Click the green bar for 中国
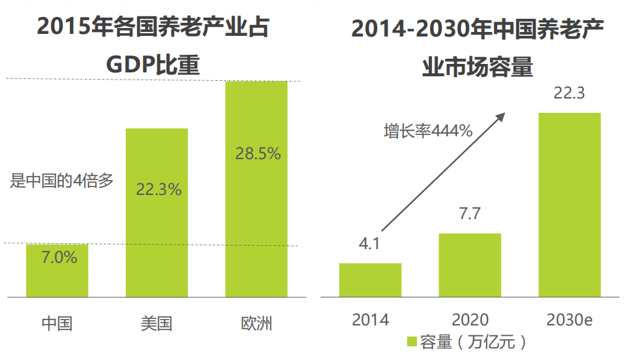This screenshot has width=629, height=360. [57, 271]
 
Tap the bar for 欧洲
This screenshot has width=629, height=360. [256, 189]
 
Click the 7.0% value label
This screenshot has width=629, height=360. [59, 257]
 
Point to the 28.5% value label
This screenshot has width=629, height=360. [258, 154]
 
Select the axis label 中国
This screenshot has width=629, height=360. [57, 323]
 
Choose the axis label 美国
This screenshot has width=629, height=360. [157, 323]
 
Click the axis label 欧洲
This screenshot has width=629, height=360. [256, 323]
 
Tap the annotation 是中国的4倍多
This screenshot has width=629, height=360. [62, 181]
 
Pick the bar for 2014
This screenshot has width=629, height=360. [370, 280]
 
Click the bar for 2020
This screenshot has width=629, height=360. [470, 265]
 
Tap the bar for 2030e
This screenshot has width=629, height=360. [569, 205]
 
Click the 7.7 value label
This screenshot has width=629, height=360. [469, 215]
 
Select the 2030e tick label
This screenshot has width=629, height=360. [569, 320]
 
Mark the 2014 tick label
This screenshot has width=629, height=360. [370, 320]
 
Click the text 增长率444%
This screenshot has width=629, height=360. [427, 130]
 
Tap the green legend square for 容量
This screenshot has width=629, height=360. [412, 342]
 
